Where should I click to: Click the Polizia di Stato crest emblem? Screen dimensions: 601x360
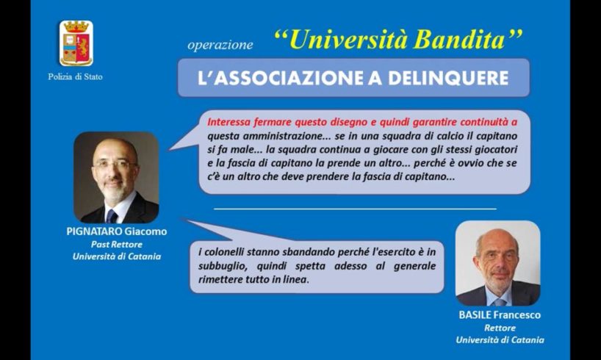(76, 43)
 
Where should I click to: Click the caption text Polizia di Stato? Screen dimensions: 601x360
(75, 76)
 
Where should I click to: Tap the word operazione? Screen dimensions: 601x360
(220, 46)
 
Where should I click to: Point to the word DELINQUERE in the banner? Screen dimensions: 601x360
(448, 78)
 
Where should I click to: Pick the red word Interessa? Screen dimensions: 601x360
(226, 122)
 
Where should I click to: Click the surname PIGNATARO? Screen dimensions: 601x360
(94, 231)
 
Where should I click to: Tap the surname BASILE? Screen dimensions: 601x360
(475, 315)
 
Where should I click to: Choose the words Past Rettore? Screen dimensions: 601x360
(117, 245)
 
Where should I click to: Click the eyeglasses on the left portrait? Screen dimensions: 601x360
(113, 165)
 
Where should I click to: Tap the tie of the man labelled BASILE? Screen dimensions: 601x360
(500, 302)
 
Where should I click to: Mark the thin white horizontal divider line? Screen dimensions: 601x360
(355, 209)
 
